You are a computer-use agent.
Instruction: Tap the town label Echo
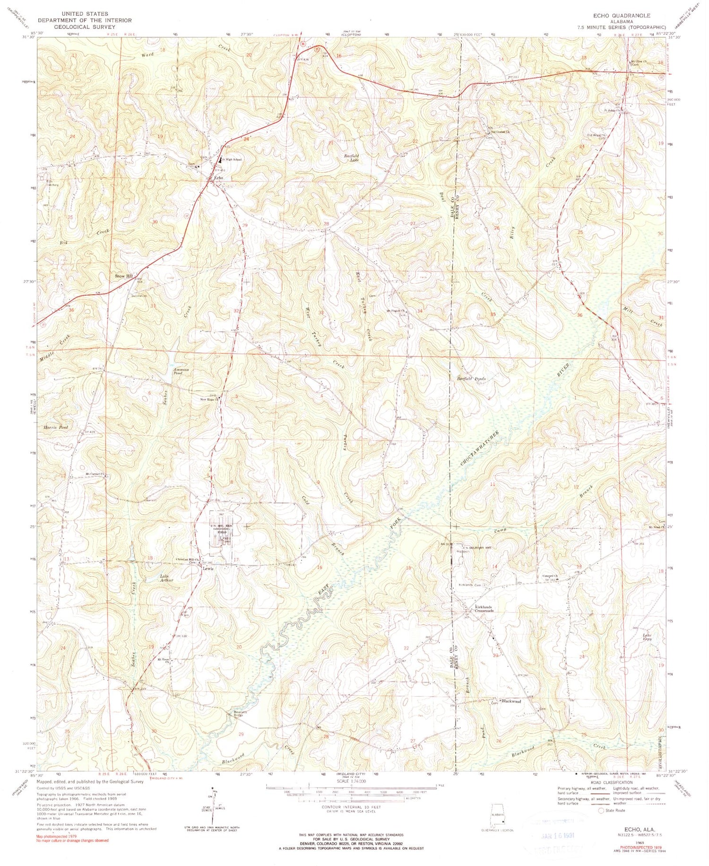[x=218, y=178]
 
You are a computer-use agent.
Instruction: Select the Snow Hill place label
[x=123, y=276]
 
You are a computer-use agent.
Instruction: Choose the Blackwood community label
[x=511, y=701]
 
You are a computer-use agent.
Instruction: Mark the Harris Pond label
[x=57, y=427]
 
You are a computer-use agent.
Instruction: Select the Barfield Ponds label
[x=471, y=379]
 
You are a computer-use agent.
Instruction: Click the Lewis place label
[x=208, y=569]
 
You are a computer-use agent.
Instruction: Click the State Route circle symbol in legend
[x=601, y=810]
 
